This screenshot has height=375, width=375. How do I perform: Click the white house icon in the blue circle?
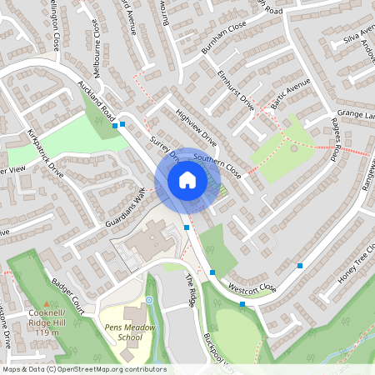click(187, 179)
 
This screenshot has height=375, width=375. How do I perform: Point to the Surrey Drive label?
click(165, 147)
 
